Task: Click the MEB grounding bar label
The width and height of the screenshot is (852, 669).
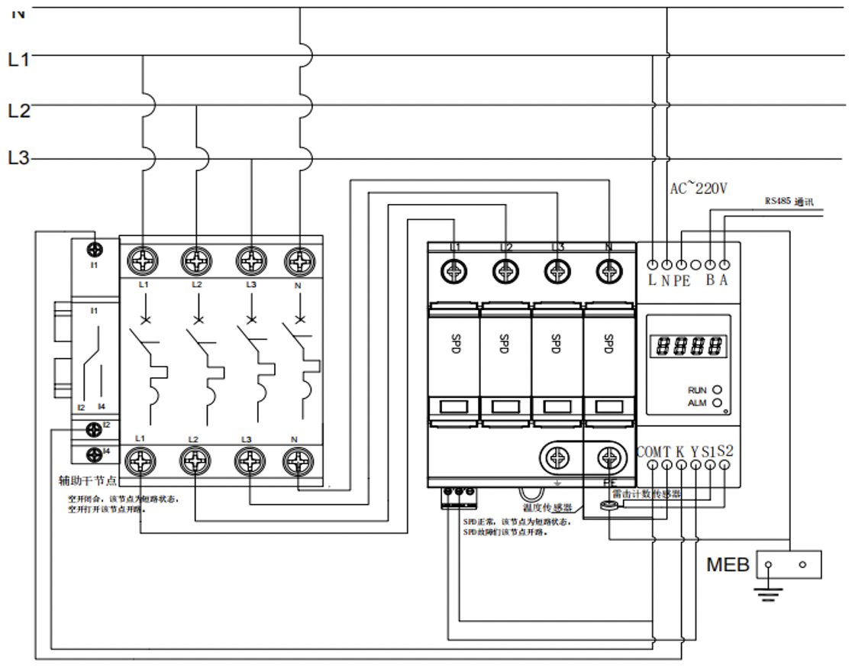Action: click(728, 565)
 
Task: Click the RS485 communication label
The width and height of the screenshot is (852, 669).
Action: click(789, 202)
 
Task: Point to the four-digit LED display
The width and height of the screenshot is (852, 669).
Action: click(688, 347)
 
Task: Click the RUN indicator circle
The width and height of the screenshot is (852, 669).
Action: click(716, 389)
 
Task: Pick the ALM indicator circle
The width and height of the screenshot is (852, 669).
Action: click(716, 402)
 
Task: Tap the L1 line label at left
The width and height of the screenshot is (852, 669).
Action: click(18, 60)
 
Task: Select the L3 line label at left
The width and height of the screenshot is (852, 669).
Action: click(18, 159)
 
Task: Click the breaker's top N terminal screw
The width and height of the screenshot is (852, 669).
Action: click(300, 261)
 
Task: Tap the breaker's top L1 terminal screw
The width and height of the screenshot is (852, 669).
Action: click(143, 261)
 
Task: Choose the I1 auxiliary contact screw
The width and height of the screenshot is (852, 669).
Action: click(95, 249)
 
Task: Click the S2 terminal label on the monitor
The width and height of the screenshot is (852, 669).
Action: click(725, 451)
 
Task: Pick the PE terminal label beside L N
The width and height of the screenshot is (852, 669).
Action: click(682, 280)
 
